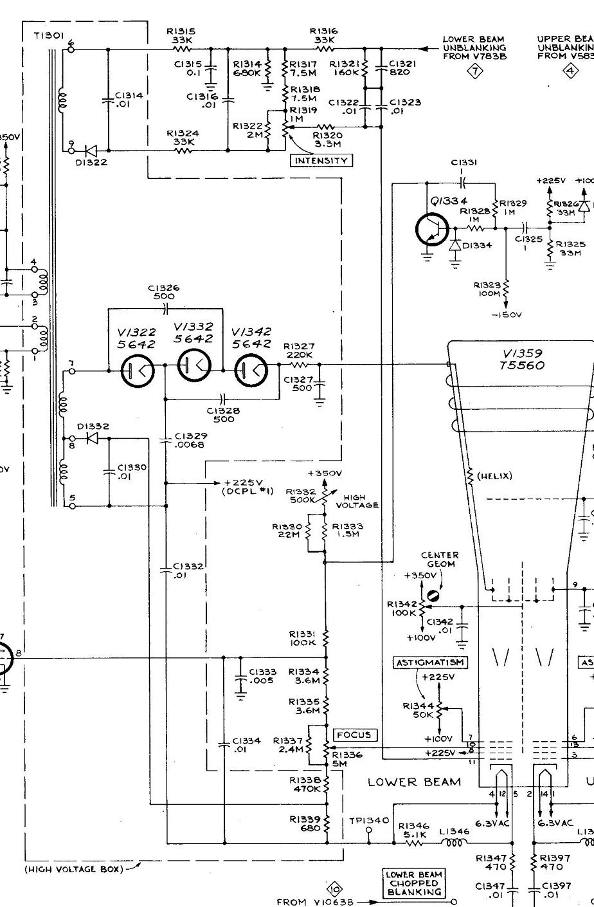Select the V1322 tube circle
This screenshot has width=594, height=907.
137,371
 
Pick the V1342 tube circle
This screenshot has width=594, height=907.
251,371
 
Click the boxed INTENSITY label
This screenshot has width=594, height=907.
321,161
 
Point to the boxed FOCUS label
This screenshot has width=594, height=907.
354,735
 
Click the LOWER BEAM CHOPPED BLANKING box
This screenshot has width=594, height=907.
414,884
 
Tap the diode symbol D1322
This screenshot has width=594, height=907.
91,151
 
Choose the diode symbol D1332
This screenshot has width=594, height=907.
91,439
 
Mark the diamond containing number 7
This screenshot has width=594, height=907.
474,71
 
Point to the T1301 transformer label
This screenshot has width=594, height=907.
48,37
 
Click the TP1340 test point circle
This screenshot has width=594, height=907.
368,830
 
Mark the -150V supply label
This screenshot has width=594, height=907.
507,315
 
